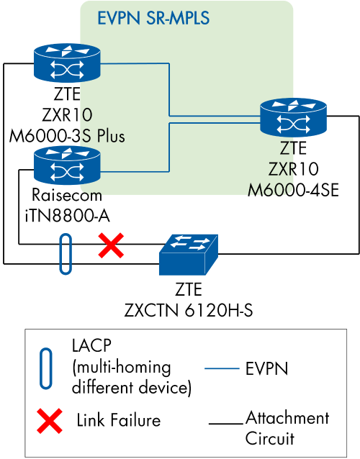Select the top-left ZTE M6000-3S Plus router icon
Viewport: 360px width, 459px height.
pyautogui.click(x=67, y=64)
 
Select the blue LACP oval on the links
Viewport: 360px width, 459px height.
pyautogui.click(x=66, y=253)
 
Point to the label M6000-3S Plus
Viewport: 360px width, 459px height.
pyautogui.click(x=67, y=137)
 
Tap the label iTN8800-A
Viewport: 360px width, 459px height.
pyautogui.click(x=67, y=214)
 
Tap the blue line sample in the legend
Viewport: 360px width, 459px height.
pyautogui.click(x=221, y=369)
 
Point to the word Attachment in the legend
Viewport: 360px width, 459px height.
pyautogui.click(x=287, y=417)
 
